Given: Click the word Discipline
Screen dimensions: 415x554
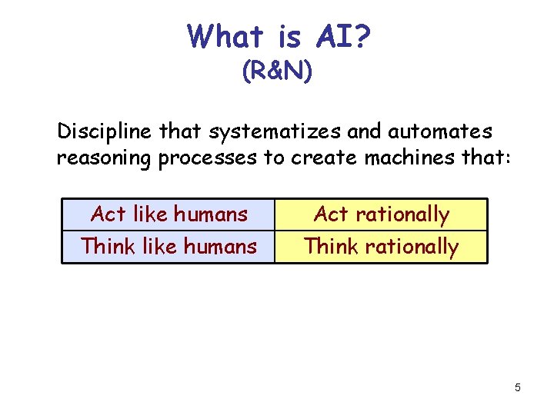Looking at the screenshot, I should (105, 132).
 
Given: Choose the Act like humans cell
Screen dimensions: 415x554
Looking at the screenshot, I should (169, 214).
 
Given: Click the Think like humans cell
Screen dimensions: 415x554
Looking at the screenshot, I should (169, 247).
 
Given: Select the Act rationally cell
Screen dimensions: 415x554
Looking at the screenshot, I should (381, 214).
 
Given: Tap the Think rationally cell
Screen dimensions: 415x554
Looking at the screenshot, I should (381, 247).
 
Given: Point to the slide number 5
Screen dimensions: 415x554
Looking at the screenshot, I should (518, 387).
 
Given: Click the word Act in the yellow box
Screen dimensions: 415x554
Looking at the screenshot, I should (332, 214).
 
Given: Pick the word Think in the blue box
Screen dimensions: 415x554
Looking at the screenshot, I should (107, 247).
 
